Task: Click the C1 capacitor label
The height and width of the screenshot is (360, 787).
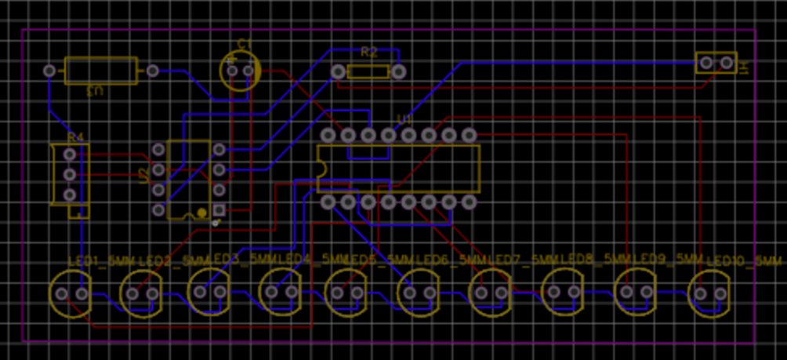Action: tap(245, 43)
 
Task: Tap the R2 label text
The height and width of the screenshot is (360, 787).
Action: tap(368, 53)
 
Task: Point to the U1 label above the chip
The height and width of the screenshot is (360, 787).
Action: tap(404, 118)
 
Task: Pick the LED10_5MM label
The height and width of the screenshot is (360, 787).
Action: tap(745, 260)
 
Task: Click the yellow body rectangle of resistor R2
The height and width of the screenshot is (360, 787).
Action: tap(368, 71)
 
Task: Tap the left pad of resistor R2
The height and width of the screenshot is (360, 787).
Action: tap(338, 71)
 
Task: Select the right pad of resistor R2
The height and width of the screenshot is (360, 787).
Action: tap(398, 71)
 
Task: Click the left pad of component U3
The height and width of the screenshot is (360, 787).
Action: tap(50, 71)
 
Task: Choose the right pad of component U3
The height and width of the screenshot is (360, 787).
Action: tap(152, 71)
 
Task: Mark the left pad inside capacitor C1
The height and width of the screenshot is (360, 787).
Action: tap(232, 71)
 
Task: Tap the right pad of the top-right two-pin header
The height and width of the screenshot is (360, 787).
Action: tap(727, 62)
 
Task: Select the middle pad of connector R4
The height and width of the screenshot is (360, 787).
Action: tap(70, 173)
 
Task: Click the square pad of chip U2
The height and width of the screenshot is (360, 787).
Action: tap(219, 210)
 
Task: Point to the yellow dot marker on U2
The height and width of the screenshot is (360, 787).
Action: tap(201, 212)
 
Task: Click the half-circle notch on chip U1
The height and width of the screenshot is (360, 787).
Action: tap(321, 168)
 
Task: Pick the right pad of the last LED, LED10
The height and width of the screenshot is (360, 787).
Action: tap(719, 293)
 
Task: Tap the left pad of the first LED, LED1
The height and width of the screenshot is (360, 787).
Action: tap(62, 293)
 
